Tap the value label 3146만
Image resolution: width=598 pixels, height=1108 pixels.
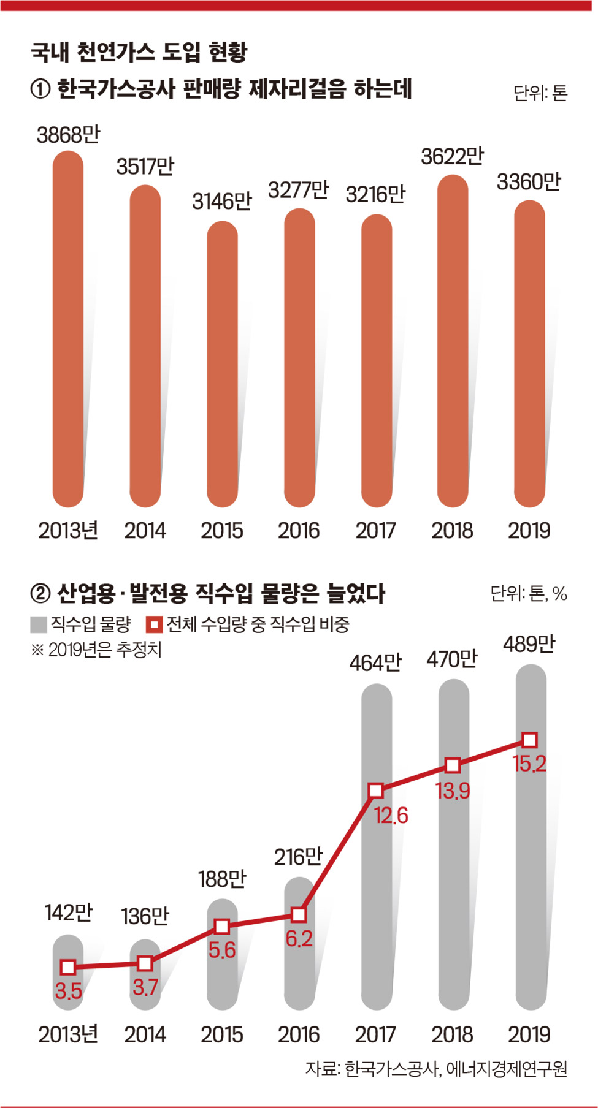[x=221, y=202]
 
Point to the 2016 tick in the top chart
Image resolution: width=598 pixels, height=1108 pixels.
[x=299, y=531]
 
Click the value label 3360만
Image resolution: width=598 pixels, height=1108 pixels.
[x=528, y=182]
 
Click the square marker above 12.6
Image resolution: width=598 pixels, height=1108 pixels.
[x=376, y=791]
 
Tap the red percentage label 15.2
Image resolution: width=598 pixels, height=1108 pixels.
[x=529, y=764]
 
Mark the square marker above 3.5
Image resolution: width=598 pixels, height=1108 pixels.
[x=68, y=967]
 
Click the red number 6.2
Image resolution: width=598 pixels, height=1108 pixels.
[x=299, y=938]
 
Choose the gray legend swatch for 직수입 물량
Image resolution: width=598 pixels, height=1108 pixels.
[x=39, y=624]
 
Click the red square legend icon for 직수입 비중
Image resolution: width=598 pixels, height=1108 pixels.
[x=154, y=624]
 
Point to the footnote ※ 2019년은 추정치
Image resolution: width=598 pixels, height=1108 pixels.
[x=96, y=650]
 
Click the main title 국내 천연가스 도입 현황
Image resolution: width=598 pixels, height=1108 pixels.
[x=139, y=52]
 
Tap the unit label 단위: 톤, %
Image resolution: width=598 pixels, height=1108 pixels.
[x=528, y=593]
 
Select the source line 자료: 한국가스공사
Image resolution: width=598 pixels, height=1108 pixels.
[x=435, y=1069]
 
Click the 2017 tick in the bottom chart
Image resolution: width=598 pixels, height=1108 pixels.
[x=375, y=1035]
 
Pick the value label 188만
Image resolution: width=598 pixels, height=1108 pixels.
[x=221, y=879]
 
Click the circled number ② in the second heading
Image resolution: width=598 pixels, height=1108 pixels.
[x=40, y=593]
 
